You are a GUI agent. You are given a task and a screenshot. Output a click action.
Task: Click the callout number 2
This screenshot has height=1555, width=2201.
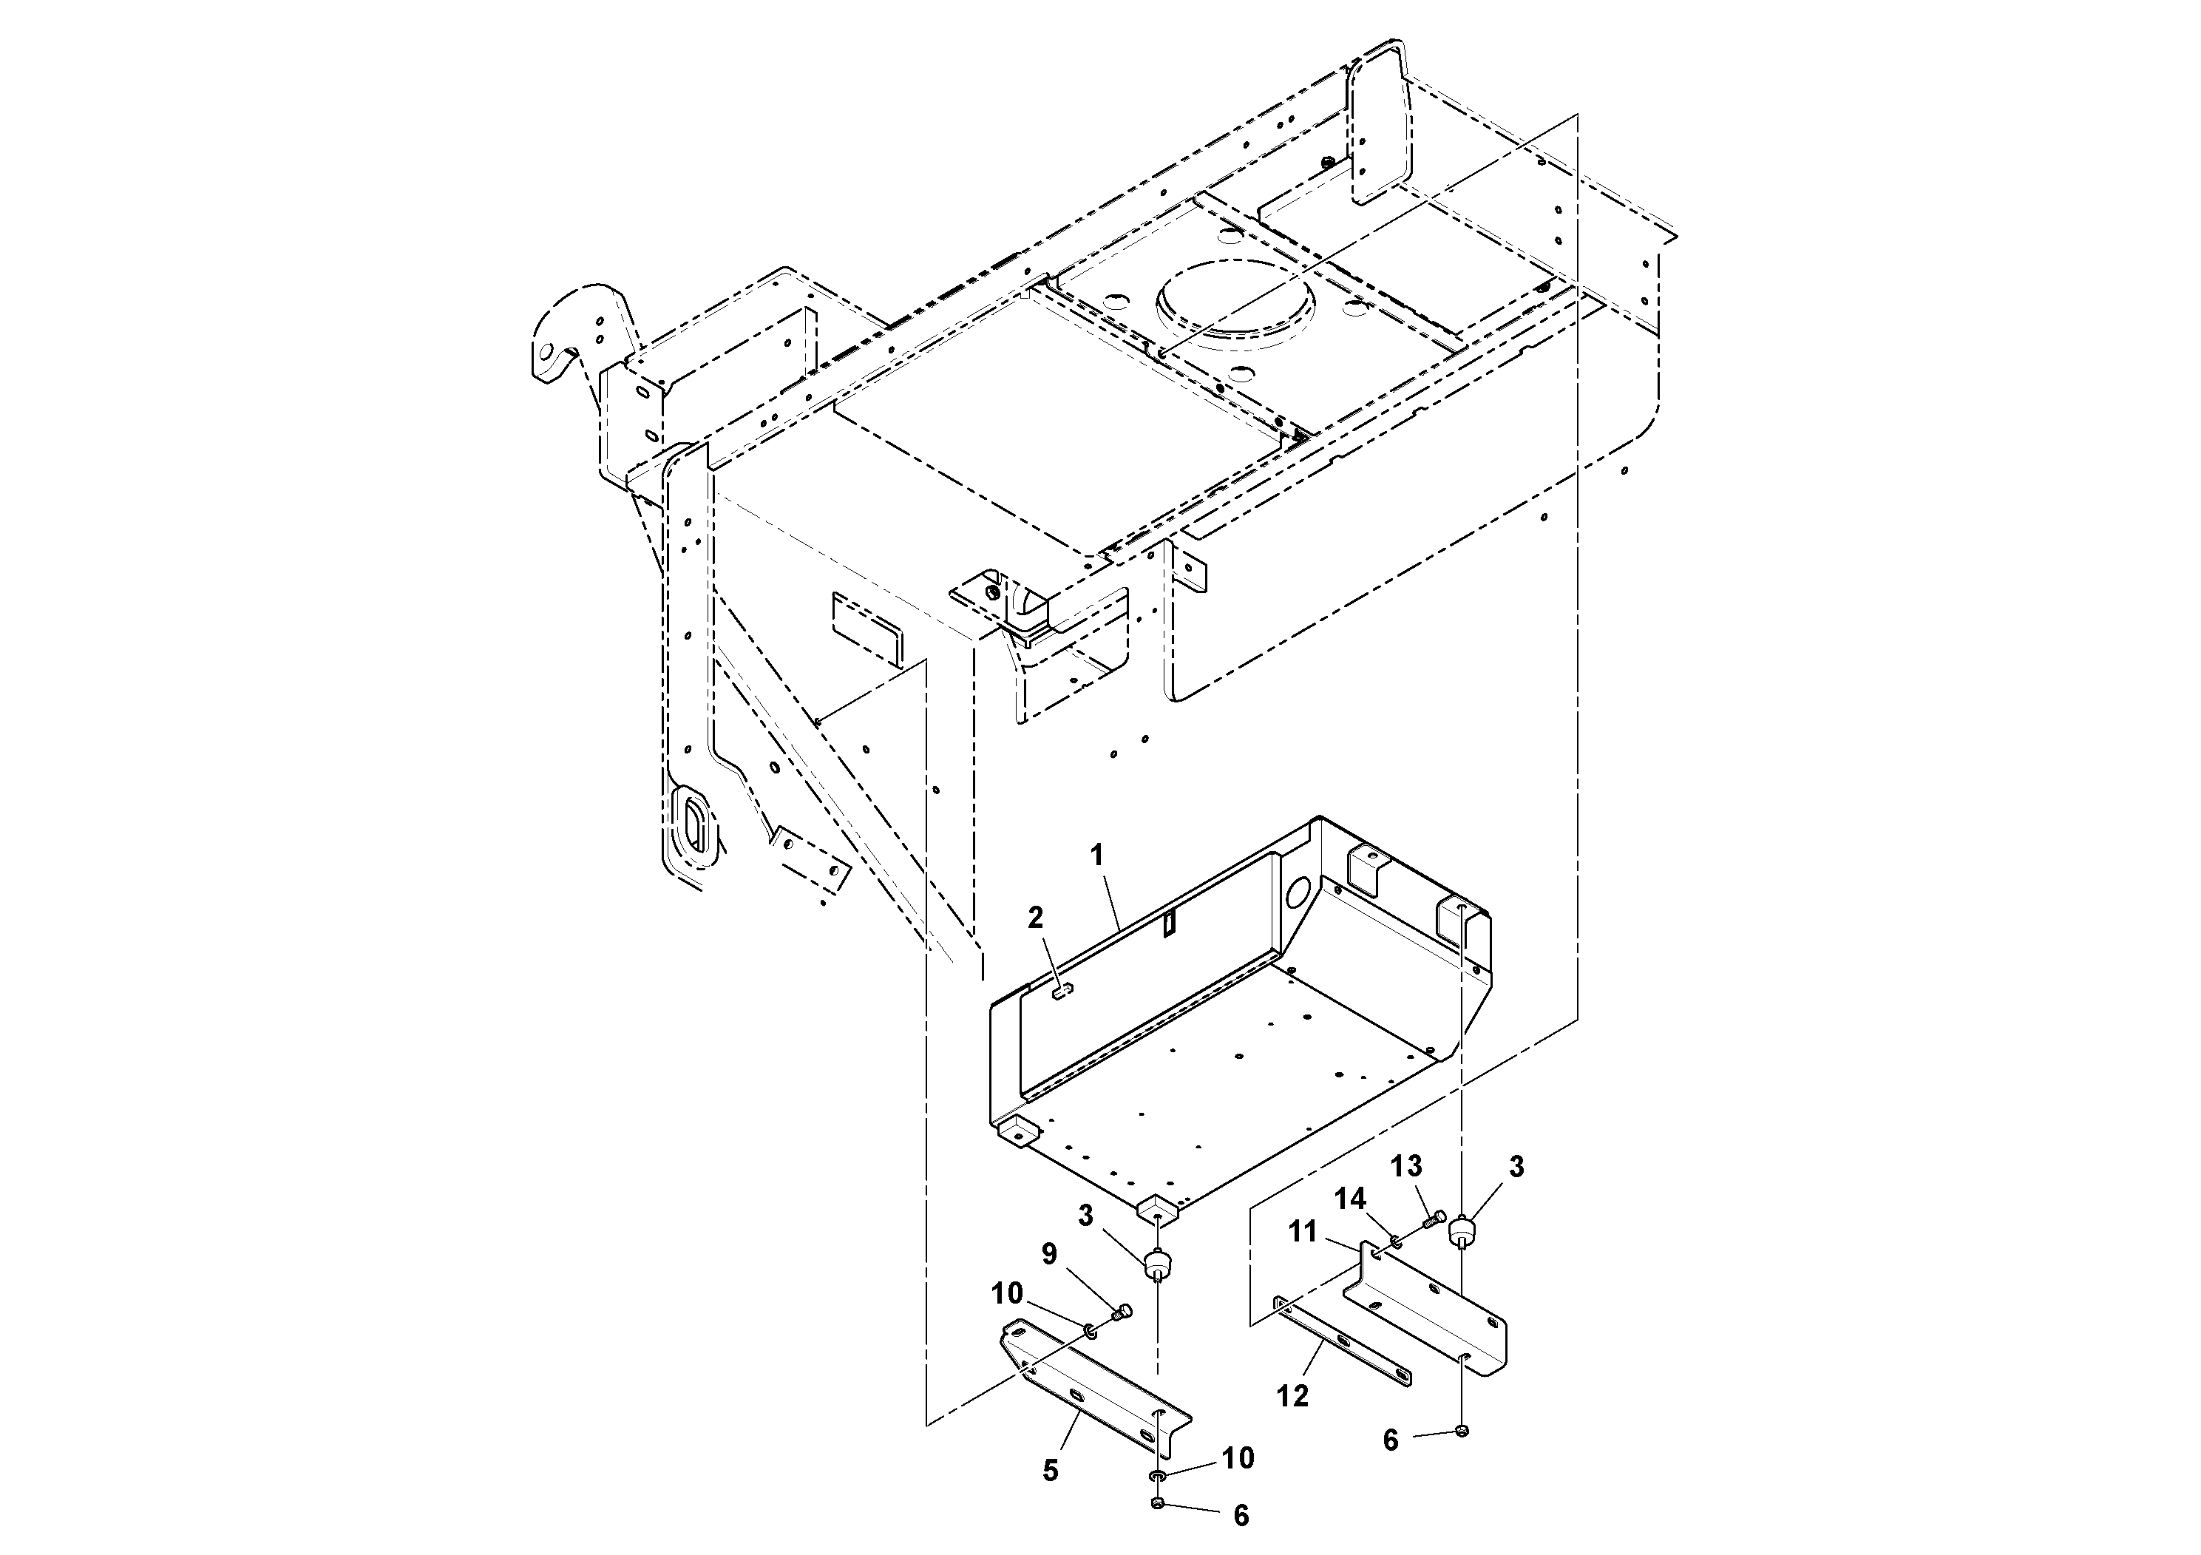click(1035, 918)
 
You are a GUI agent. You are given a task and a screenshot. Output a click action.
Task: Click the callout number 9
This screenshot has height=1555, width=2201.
click(1050, 1254)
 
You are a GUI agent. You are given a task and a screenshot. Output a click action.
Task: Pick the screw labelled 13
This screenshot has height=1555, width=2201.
click(1435, 1219)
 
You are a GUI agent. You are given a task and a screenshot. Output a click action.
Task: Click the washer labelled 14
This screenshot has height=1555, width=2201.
click(1396, 1242)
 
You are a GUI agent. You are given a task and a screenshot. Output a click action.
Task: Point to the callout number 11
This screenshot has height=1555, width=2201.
click(1303, 1231)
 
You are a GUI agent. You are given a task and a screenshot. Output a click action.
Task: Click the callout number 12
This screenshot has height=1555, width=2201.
click(1292, 1397)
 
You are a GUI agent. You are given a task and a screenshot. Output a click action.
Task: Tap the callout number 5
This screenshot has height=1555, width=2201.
click(1051, 1471)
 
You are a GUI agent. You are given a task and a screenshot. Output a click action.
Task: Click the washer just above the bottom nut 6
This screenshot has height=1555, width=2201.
click(1158, 1477)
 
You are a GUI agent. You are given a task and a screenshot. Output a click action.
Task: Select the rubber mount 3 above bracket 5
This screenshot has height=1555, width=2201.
click(1158, 1264)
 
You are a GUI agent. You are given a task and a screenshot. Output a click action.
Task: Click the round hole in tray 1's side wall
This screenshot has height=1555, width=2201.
click(1296, 893)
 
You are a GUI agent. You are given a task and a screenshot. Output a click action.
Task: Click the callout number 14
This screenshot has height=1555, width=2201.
click(1352, 1199)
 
